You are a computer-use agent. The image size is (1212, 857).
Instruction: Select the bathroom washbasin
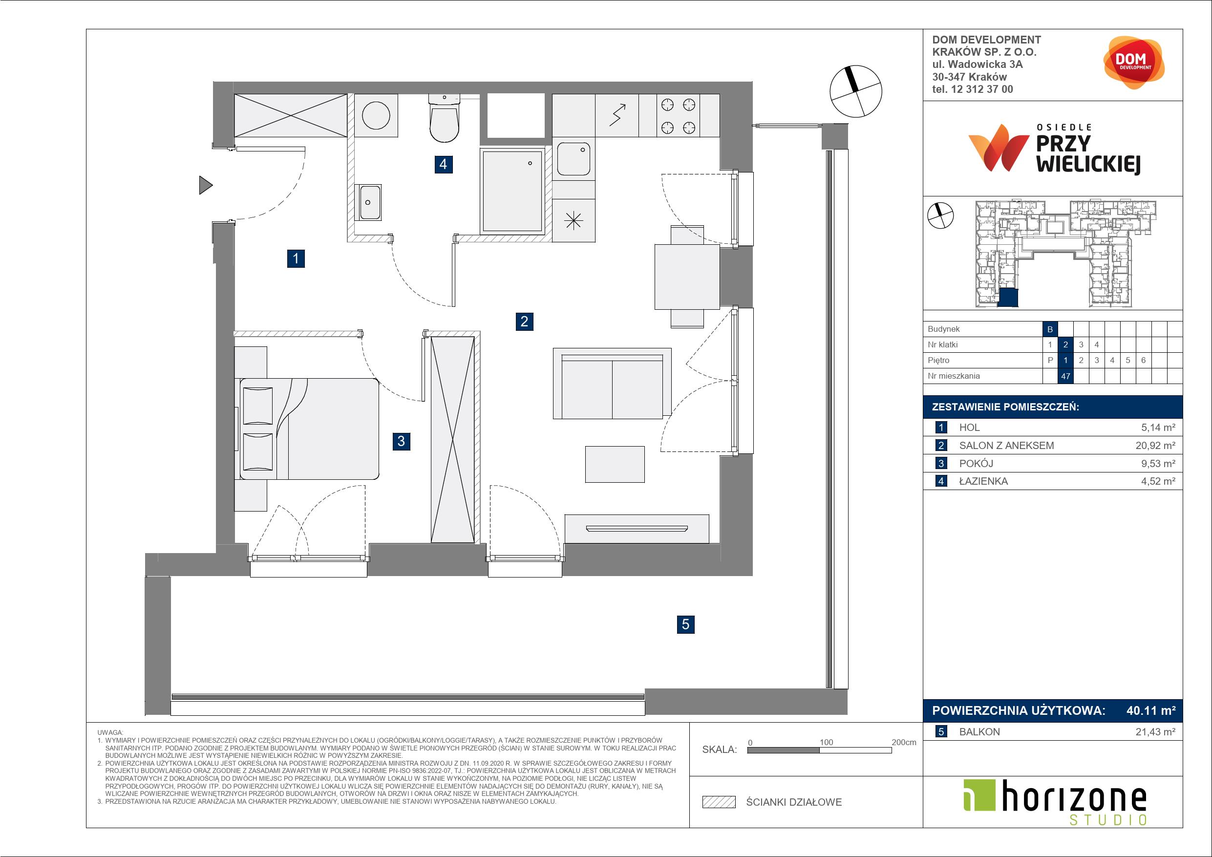tap(369, 202)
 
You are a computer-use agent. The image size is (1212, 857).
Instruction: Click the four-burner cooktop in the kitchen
tap(679, 116)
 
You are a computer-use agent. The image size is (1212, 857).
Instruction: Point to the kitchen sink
tap(574, 159)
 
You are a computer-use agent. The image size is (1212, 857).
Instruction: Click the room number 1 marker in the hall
tap(296, 259)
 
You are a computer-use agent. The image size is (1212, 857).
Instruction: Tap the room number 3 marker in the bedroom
tap(401, 441)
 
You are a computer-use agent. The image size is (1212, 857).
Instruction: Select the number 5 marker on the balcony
tap(685, 624)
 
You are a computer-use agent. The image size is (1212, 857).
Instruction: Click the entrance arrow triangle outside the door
tap(205, 185)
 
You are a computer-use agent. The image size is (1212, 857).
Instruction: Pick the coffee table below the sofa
tap(615, 464)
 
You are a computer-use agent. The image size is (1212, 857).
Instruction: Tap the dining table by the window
tap(687, 277)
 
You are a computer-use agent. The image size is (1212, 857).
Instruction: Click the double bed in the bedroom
tap(309, 429)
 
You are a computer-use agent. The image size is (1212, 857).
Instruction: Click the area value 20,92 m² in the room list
tap(1155, 446)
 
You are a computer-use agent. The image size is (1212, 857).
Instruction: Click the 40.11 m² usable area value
tap(1151, 711)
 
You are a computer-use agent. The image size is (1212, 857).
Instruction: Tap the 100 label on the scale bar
tap(826, 742)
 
